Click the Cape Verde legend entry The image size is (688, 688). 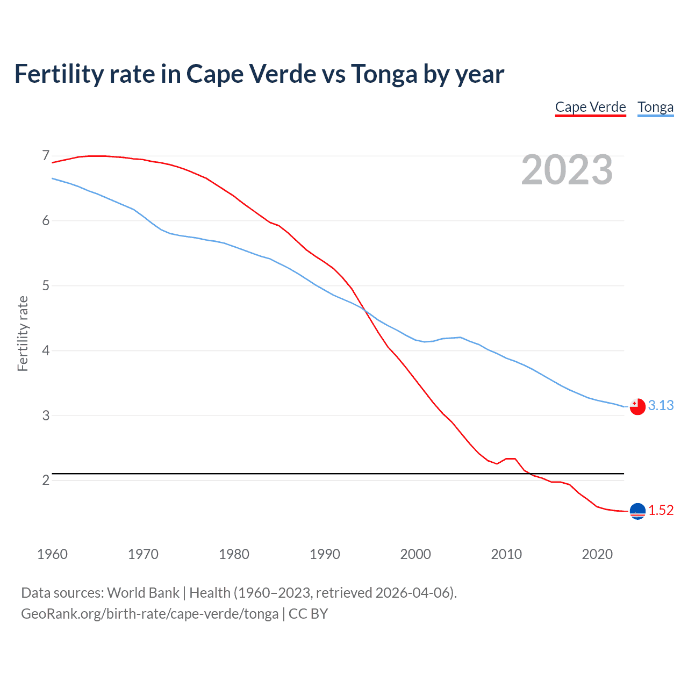click(x=590, y=107)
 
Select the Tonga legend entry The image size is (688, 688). click(x=655, y=107)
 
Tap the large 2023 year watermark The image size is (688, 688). click(x=567, y=170)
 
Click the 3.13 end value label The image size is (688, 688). click(x=661, y=405)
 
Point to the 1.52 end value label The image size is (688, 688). click(x=661, y=510)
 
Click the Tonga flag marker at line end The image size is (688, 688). click(x=637, y=407)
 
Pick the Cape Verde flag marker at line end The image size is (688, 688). click(x=637, y=511)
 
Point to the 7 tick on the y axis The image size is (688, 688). click(x=46, y=156)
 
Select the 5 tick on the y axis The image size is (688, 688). click(x=46, y=285)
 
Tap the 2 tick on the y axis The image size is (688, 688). click(x=46, y=480)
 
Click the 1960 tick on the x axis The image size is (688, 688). click(x=52, y=554)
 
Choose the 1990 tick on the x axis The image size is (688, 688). click(x=325, y=554)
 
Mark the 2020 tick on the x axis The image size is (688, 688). click(x=597, y=554)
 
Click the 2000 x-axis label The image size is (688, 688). click(x=415, y=554)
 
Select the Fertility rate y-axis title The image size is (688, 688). click(x=23, y=333)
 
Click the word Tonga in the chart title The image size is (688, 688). click(x=384, y=74)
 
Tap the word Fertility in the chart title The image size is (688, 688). click(x=58, y=74)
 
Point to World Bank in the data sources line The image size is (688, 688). click(x=143, y=593)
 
